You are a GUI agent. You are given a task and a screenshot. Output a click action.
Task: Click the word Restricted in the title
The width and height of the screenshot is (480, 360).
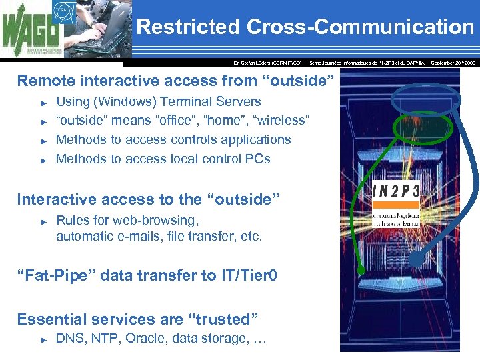[187, 27]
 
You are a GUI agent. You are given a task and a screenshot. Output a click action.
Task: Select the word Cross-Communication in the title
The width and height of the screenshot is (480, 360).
[360, 27]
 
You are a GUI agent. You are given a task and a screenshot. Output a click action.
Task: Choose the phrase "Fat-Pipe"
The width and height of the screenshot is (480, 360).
[51, 275]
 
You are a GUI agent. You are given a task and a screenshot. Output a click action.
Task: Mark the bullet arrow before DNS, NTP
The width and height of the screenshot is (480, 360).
[44, 339]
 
